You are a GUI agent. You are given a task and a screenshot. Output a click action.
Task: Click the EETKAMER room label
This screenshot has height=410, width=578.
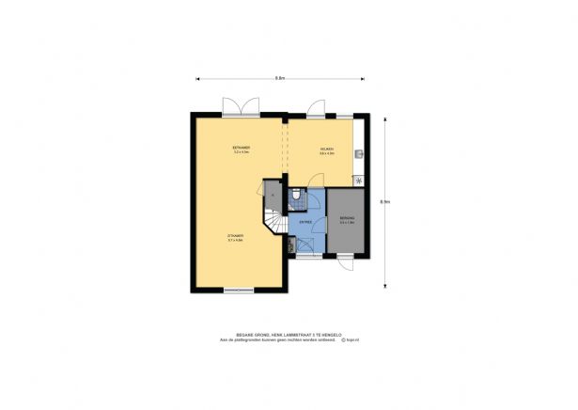point(241,150)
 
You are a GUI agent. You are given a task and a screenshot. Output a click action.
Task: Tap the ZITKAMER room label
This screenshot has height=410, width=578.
point(235,236)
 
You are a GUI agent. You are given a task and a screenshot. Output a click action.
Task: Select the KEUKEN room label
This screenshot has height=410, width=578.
point(323,150)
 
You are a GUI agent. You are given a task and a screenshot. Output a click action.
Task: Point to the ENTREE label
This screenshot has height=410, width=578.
point(305,222)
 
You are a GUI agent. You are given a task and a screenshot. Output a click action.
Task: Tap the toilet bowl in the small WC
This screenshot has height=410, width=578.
point(296,195)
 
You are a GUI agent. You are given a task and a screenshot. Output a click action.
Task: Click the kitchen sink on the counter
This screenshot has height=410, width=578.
point(360,150)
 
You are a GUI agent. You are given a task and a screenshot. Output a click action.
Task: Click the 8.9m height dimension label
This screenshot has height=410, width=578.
point(385,201)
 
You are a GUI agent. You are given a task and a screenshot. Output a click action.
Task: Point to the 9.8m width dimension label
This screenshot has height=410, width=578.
point(280,79)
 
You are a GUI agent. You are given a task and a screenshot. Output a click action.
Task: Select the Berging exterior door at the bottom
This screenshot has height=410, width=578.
point(347,264)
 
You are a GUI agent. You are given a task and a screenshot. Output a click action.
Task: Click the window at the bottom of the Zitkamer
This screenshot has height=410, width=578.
point(238,290)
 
